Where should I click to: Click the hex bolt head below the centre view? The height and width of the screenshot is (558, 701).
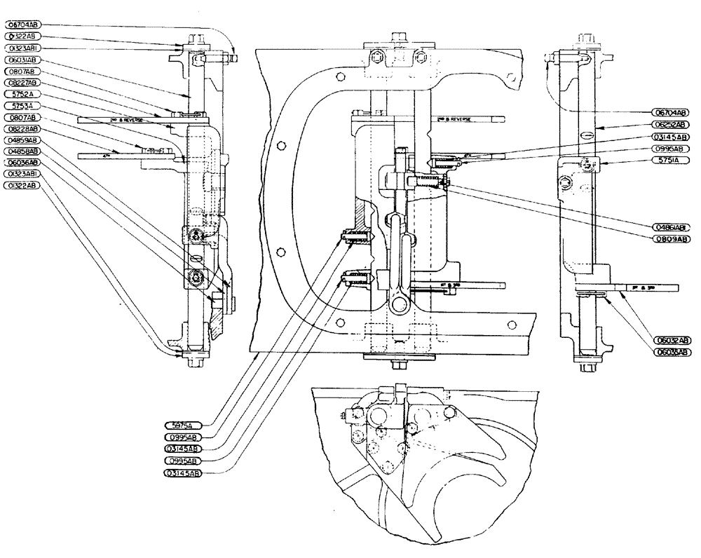point(398,365)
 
